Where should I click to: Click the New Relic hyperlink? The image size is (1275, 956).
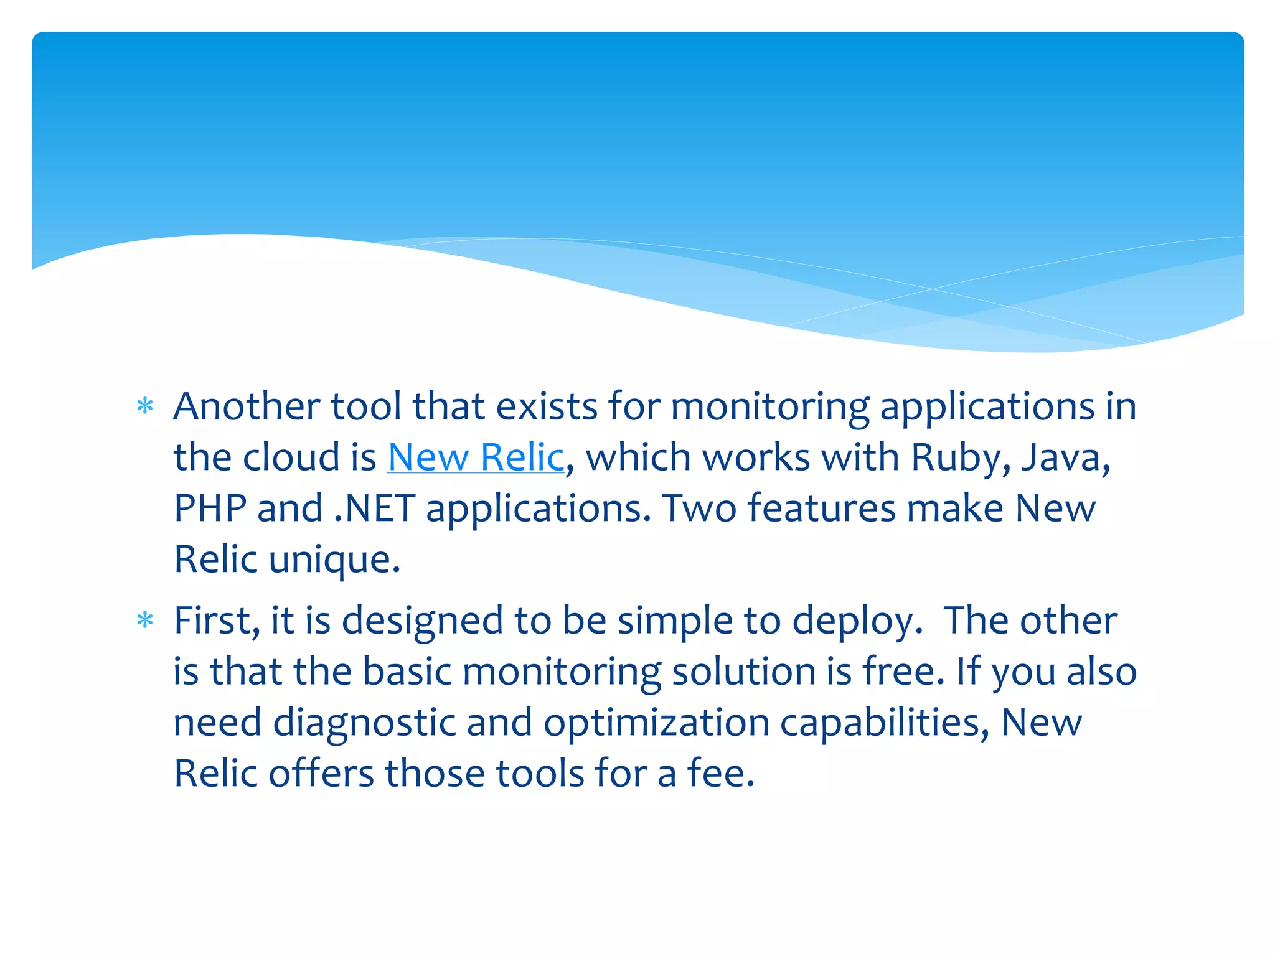(476, 457)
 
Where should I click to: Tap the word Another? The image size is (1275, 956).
(247, 406)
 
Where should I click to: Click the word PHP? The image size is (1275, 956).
(210, 508)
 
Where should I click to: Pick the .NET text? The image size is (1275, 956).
(374, 508)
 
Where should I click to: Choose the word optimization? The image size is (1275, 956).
(656, 724)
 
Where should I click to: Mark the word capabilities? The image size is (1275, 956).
(884, 724)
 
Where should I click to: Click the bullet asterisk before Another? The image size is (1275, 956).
(145, 407)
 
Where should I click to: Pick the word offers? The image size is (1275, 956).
(321, 774)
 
